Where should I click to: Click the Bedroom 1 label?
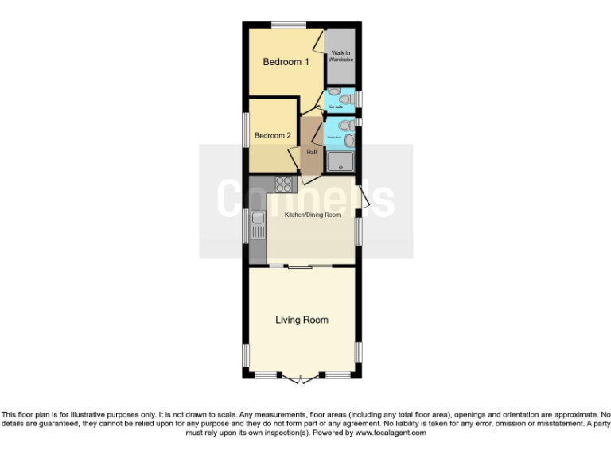(x=286, y=62)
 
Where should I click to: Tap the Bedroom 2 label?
(x=272, y=136)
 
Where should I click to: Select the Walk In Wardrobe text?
(x=341, y=56)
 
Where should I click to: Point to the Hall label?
(x=312, y=153)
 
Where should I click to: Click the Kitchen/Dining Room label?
(x=312, y=215)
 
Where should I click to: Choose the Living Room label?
(x=302, y=320)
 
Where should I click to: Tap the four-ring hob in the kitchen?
(x=284, y=184)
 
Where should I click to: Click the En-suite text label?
(x=336, y=106)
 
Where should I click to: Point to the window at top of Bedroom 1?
(x=288, y=25)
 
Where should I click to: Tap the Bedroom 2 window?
(x=246, y=129)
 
